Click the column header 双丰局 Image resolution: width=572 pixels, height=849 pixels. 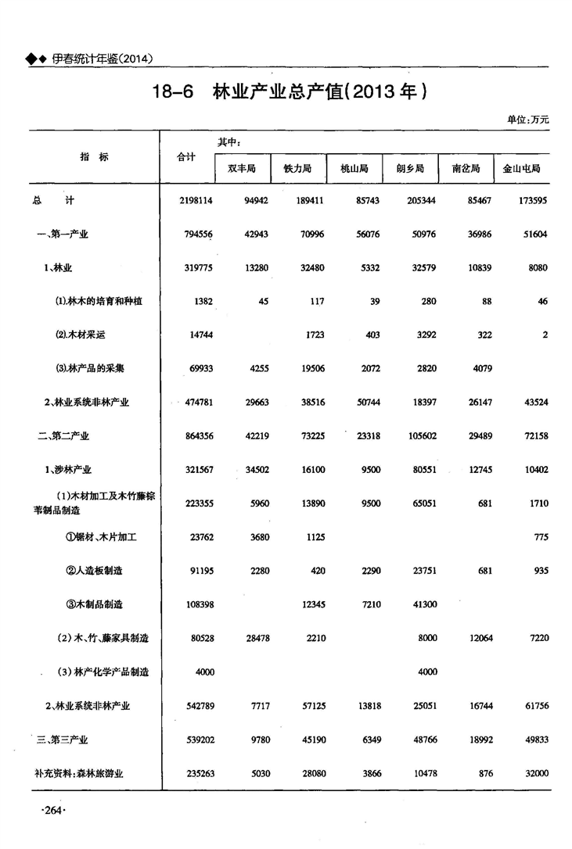point(243,168)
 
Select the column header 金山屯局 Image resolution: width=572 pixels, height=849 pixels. point(522,168)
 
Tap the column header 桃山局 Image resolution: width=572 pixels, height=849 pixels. point(354,168)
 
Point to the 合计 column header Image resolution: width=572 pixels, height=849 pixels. point(186,156)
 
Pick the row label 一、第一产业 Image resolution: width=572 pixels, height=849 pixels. point(63,235)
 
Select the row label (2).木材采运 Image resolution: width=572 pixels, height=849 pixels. point(80,335)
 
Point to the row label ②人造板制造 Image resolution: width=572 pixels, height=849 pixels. point(94,571)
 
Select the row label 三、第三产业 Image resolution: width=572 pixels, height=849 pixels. point(63,739)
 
